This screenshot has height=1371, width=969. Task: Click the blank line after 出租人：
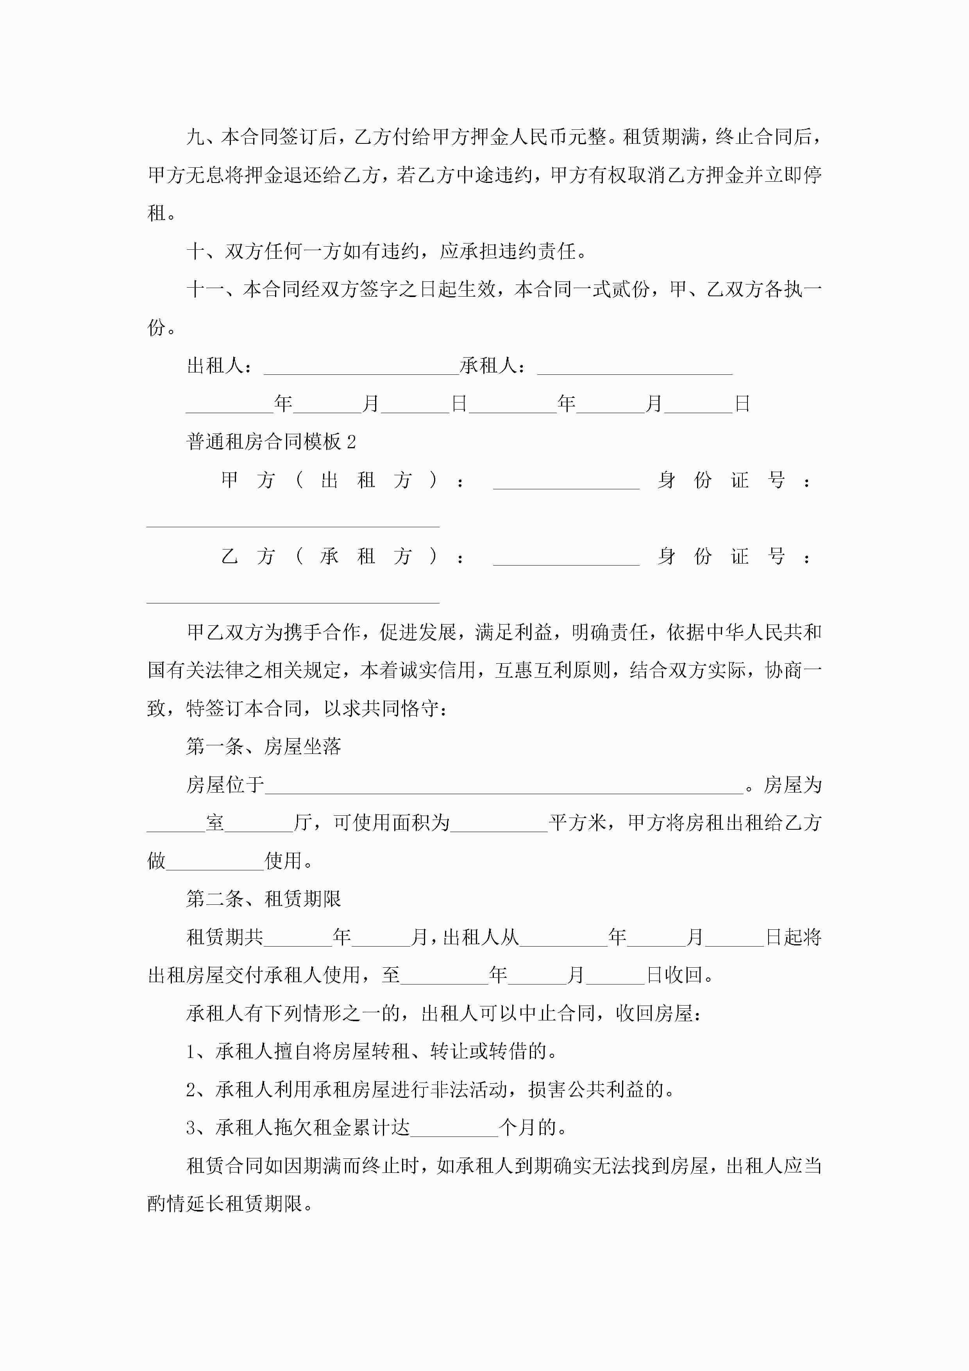pos(361,367)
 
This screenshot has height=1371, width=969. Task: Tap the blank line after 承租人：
pos(635,367)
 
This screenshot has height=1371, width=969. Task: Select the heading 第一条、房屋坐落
pos(263,746)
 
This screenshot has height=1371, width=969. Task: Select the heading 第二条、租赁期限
pos(263,898)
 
